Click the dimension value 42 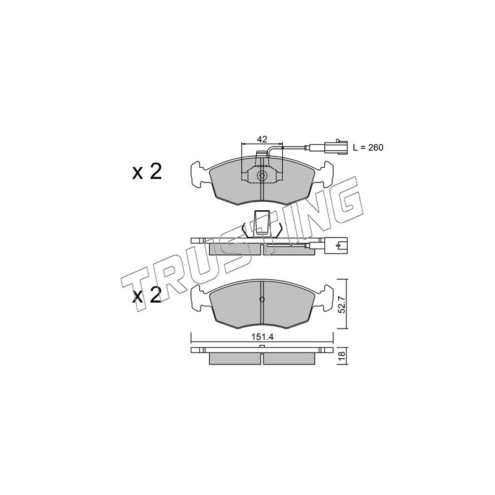tap(262, 139)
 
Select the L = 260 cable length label tap(368, 147)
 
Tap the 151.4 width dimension tap(262, 337)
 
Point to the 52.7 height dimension tap(342, 304)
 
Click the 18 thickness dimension tap(342, 355)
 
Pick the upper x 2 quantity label tap(147, 173)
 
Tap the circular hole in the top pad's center tap(262, 176)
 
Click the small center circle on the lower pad tap(262, 299)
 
